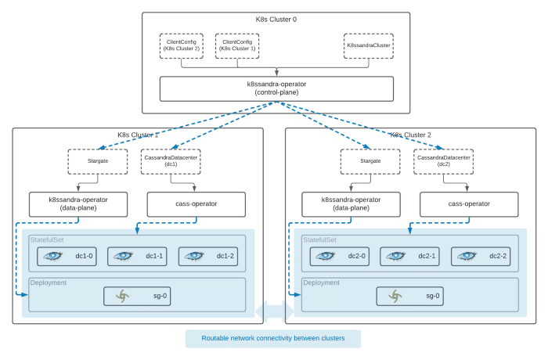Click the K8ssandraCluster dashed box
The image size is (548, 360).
click(369, 46)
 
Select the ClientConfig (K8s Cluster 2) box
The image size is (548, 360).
click(182, 46)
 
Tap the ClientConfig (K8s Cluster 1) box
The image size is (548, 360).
click(237, 46)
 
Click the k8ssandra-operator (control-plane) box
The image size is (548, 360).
click(276, 88)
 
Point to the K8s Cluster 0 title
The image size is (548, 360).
click(276, 20)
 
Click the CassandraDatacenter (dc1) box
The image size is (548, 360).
click(171, 161)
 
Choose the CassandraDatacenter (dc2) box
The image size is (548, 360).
click(444, 161)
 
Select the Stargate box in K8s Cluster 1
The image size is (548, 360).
click(98, 161)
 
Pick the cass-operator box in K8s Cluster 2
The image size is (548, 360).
click(469, 204)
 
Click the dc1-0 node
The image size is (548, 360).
click(67, 256)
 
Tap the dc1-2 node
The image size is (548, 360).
click(208, 256)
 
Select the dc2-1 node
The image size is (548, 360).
click(409, 256)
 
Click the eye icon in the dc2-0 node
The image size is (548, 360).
click(325, 256)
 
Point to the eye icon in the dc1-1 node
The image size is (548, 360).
click(123, 256)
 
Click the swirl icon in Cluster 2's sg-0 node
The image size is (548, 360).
click(395, 296)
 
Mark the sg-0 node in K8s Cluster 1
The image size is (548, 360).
click(137, 296)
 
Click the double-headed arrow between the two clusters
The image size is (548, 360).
click(275, 311)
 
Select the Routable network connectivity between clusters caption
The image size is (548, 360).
click(273, 338)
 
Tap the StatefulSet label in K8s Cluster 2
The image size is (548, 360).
click(319, 239)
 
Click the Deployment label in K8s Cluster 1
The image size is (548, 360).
click(49, 283)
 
